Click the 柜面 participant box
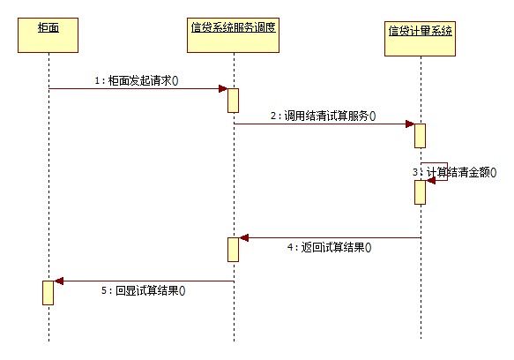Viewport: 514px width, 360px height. pyautogui.click(x=48, y=30)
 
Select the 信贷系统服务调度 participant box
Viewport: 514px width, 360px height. pyautogui.click(x=234, y=28)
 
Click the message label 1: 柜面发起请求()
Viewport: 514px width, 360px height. pyautogui.click(x=137, y=80)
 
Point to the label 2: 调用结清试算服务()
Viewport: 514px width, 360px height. pyautogui.click(x=323, y=116)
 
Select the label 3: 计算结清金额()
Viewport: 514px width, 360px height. pyautogui.click(x=450, y=171)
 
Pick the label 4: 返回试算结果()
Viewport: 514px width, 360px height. pyautogui.click(x=329, y=248)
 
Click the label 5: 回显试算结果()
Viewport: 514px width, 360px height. pyautogui.click(x=147, y=289)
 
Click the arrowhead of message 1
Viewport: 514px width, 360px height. pyautogui.click(x=222, y=88)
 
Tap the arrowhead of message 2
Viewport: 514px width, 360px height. pyautogui.click(x=409, y=124)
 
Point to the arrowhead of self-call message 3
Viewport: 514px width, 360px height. pyautogui.click(x=431, y=180)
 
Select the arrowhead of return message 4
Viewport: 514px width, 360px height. pyautogui.click(x=245, y=237)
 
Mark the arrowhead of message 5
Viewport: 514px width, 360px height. pyautogui.click(x=59, y=281)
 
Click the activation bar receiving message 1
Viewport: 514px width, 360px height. pyautogui.click(x=234, y=100)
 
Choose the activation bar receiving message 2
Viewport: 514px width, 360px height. pyautogui.click(x=421, y=135)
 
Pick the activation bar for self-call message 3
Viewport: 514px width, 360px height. pyautogui.click(x=421, y=191)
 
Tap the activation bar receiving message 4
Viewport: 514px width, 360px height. pyautogui.click(x=234, y=249)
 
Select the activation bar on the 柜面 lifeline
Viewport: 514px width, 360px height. pyautogui.click(x=48, y=292)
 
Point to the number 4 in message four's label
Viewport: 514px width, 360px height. pyautogui.click(x=290, y=248)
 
